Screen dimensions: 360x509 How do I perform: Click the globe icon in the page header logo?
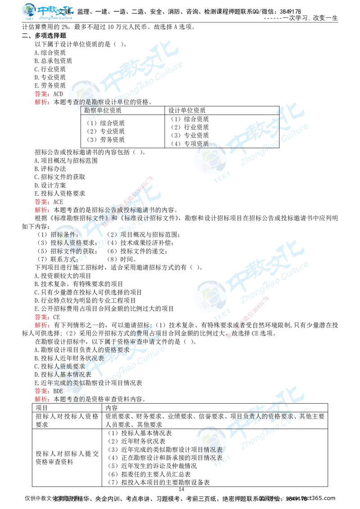29,12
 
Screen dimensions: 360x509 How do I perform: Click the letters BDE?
58,391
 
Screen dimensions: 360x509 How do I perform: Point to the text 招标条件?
65,234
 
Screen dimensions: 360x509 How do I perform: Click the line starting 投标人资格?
67,242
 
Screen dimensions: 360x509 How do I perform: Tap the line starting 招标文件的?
67,250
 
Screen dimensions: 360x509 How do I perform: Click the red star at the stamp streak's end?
229,335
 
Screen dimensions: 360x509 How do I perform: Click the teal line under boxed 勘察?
130,117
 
